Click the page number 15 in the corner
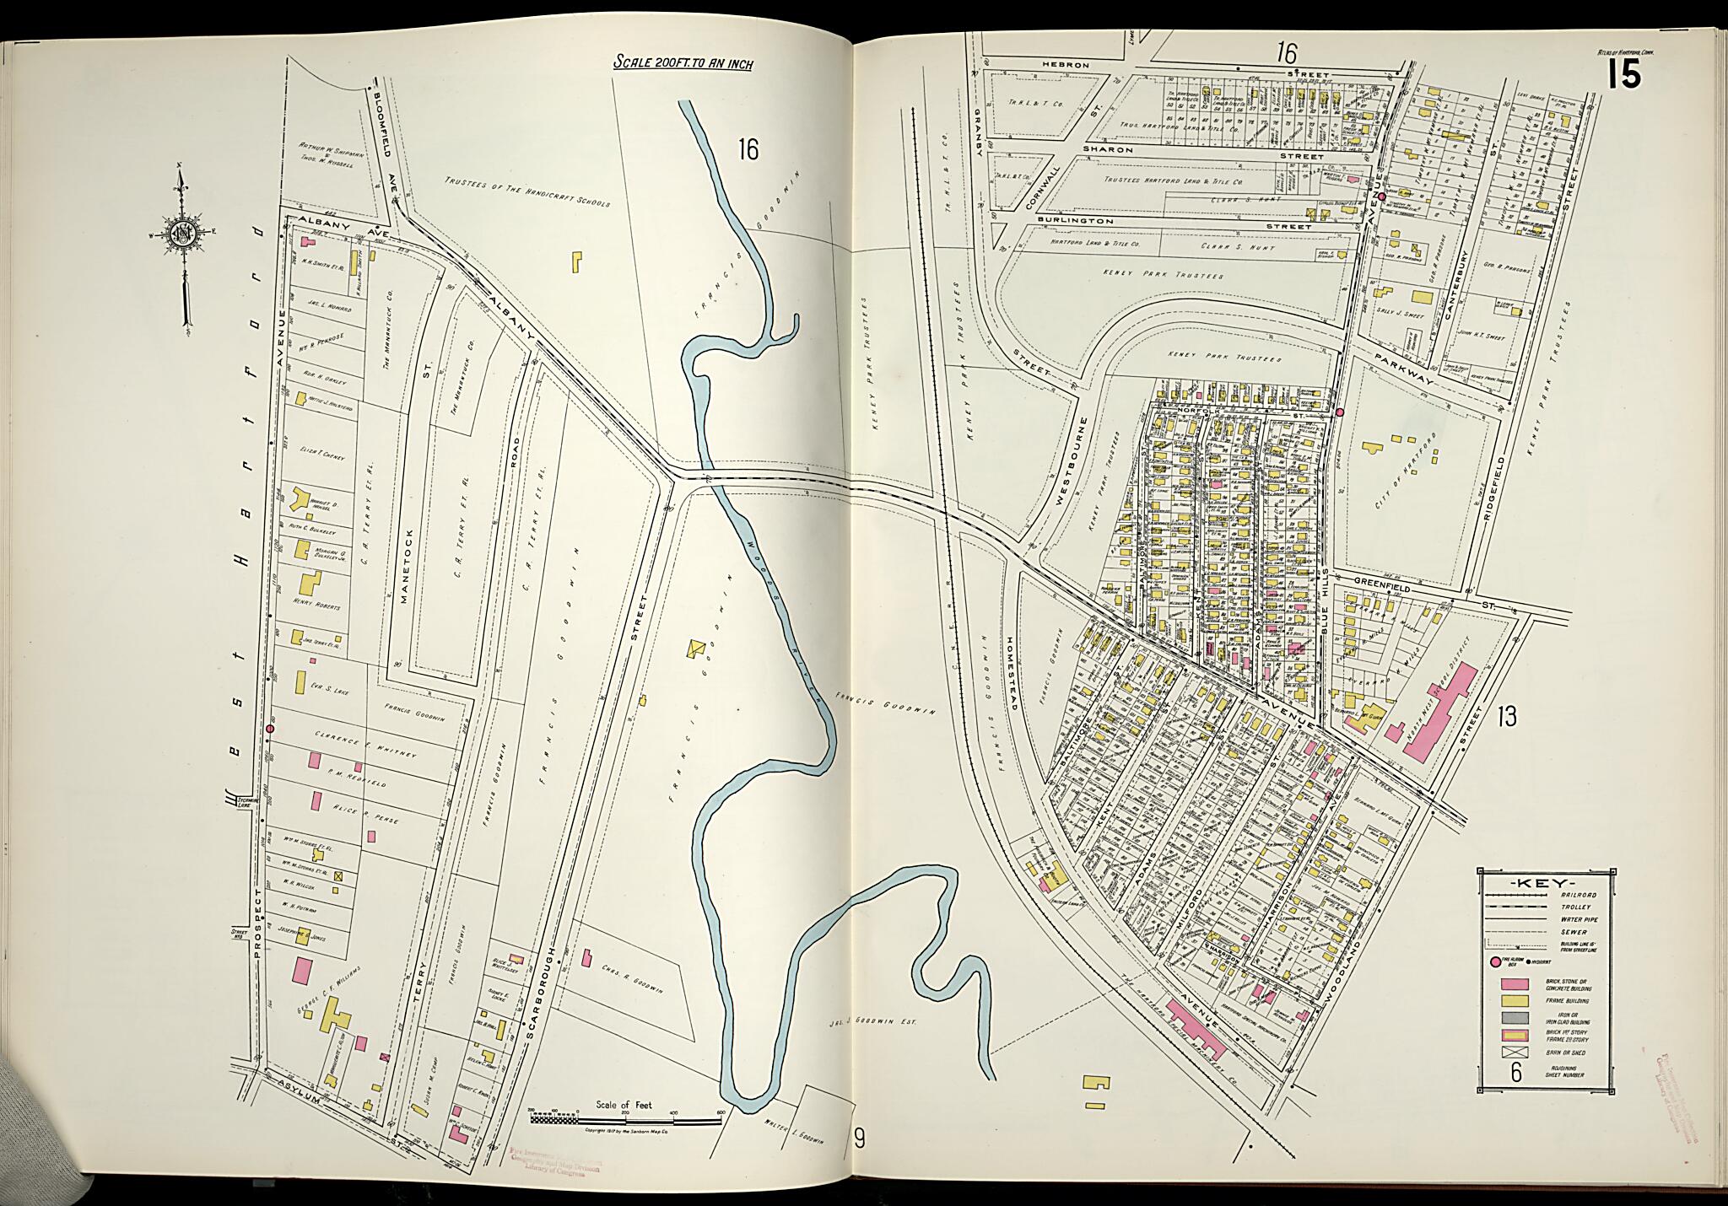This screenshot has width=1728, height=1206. click(1623, 74)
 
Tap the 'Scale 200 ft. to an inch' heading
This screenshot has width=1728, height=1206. click(683, 62)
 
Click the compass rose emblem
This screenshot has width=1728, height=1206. click(182, 234)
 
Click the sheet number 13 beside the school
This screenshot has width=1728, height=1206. click(1506, 717)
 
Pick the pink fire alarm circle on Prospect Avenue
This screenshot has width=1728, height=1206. click(270, 728)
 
